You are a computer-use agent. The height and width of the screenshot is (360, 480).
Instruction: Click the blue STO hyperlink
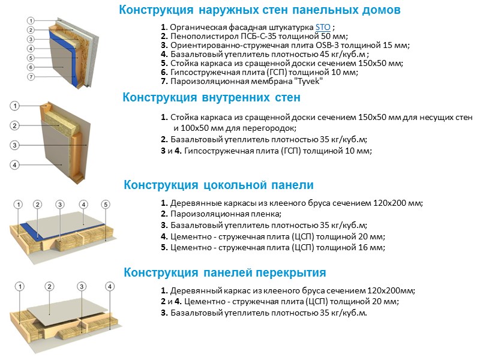point(322,28)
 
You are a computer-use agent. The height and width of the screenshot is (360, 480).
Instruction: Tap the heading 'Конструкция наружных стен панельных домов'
point(259,10)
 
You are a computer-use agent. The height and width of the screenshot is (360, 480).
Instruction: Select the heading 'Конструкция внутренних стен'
point(211,97)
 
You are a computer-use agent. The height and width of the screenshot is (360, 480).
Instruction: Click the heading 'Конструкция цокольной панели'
point(218,185)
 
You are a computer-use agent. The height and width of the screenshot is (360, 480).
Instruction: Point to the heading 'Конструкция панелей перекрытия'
point(224,272)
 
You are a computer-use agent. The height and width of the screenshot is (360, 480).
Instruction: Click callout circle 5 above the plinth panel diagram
point(106,204)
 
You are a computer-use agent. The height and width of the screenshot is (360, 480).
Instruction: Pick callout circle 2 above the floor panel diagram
point(50,286)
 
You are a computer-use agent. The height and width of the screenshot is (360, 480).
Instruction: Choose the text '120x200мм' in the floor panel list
point(395,291)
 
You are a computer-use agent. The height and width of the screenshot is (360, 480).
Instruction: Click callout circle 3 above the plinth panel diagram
point(59,204)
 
